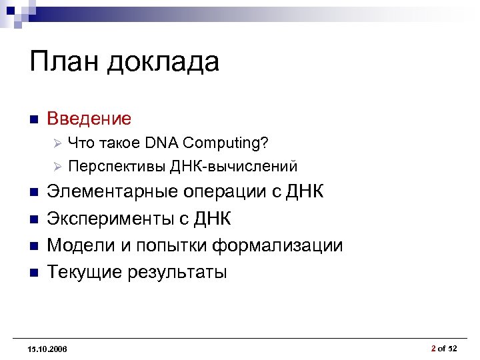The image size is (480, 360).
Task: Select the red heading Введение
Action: pyautogui.click(x=89, y=119)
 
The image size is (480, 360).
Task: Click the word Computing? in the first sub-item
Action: pyautogui.click(x=226, y=143)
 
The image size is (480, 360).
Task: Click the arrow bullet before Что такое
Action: pyautogui.click(x=57, y=143)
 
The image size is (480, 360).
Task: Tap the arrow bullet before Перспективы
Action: pyautogui.click(x=57, y=166)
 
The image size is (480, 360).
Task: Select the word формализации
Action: pyautogui.click(x=278, y=245)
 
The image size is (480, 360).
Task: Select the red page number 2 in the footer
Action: pyautogui.click(x=433, y=348)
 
